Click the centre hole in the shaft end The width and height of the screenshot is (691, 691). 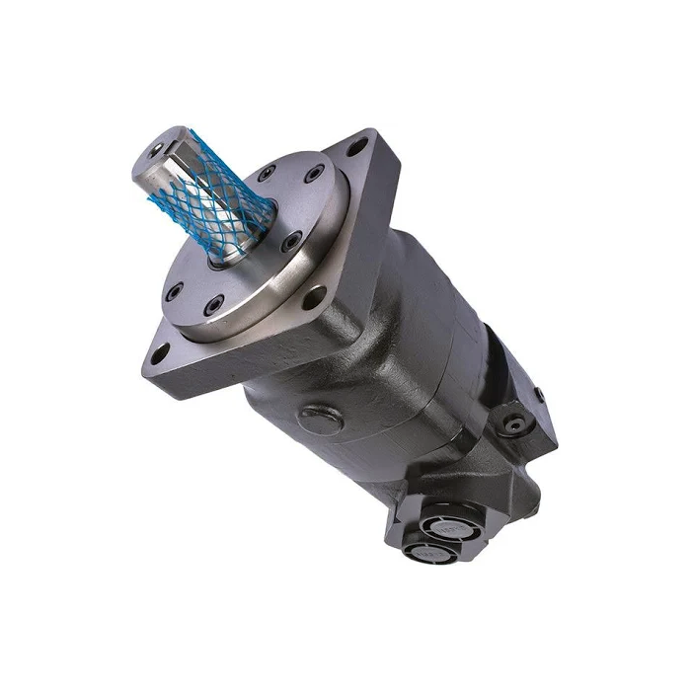[159, 149]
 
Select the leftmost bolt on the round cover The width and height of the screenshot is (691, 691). [176, 290]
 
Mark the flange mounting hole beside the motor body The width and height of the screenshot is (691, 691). [314, 294]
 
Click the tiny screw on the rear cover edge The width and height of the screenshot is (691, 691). [539, 395]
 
